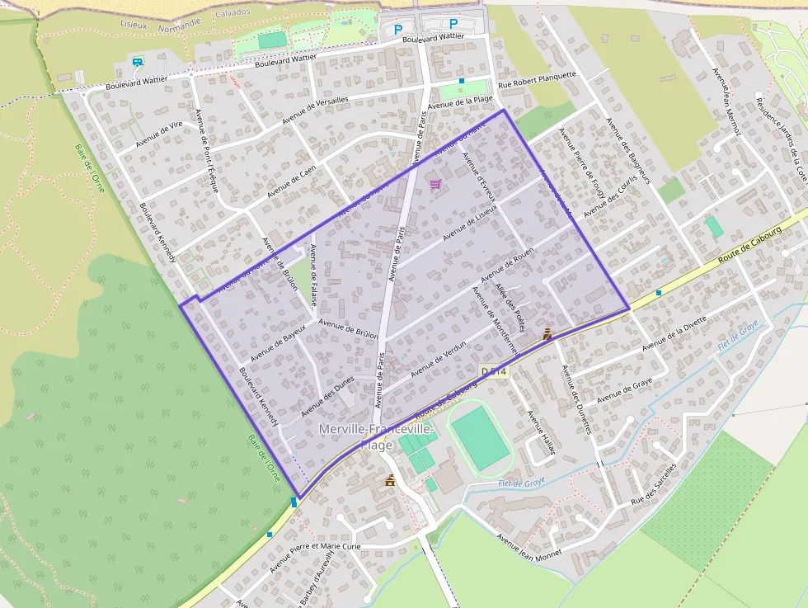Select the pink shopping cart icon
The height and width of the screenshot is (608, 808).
click(x=435, y=183)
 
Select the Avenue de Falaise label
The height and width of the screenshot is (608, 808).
click(x=313, y=273)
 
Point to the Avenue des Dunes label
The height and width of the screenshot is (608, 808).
click(x=327, y=395)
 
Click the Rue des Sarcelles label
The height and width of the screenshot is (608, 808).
click(x=654, y=483)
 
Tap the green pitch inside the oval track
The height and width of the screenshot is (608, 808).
click(x=481, y=438)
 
